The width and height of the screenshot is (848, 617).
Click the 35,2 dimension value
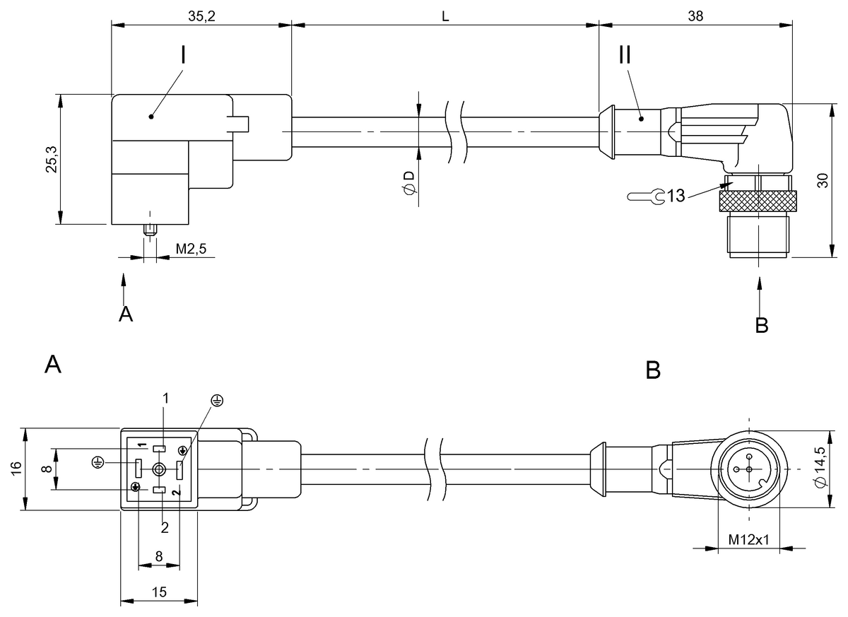[x=201, y=16]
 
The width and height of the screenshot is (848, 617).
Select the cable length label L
[x=445, y=16]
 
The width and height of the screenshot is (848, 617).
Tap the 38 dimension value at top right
[x=695, y=16]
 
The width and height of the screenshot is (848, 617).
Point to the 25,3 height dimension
[x=51, y=159]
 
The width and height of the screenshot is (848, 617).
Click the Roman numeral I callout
[x=183, y=55]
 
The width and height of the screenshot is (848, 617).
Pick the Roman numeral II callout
[x=625, y=54]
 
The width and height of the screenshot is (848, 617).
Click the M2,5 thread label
[x=192, y=249]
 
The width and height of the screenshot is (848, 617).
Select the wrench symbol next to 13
[x=646, y=196]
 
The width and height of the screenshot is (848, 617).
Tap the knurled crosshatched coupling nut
[x=758, y=201]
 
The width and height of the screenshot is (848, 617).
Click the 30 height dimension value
[x=823, y=180]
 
